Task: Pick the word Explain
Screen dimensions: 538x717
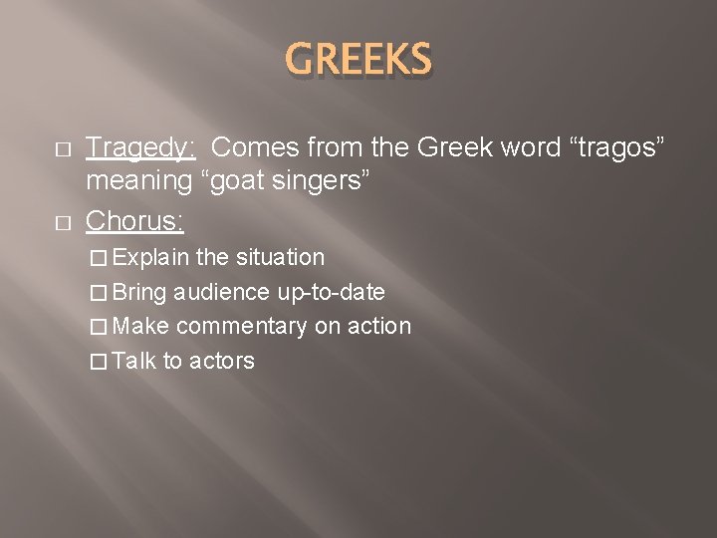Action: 151,258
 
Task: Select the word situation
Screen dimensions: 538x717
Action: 280,258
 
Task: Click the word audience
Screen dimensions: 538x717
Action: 221,293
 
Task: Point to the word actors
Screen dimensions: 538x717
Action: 221,361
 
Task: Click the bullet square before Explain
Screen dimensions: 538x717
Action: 96,258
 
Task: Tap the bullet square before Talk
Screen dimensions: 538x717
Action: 96,361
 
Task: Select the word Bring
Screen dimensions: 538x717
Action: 139,293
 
